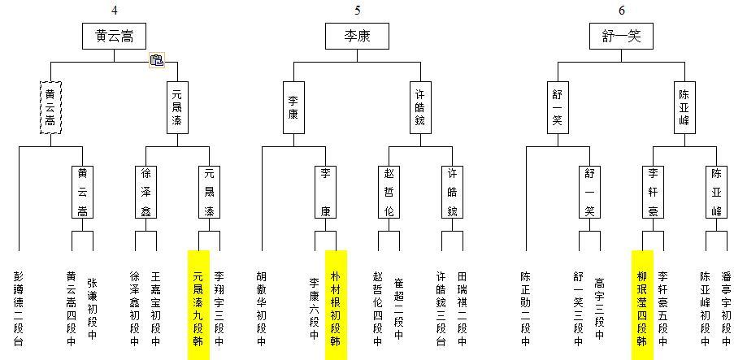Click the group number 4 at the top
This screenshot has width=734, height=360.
point(114,10)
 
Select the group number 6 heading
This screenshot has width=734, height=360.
point(621,10)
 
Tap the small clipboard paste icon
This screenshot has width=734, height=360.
point(157,59)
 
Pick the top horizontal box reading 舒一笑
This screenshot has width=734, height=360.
point(621,37)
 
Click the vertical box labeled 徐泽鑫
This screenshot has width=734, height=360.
point(145,191)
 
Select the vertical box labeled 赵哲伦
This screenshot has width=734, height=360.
point(389,191)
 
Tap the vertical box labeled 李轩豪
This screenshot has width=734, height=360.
point(653,191)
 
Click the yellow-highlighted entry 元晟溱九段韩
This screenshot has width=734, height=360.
point(198,305)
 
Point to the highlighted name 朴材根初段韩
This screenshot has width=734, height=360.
point(335,305)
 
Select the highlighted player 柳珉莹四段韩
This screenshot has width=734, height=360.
point(641,305)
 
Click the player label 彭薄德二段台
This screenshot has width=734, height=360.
point(18,308)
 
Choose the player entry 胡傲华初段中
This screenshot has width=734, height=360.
point(262,308)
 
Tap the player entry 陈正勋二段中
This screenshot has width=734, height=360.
point(525,308)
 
